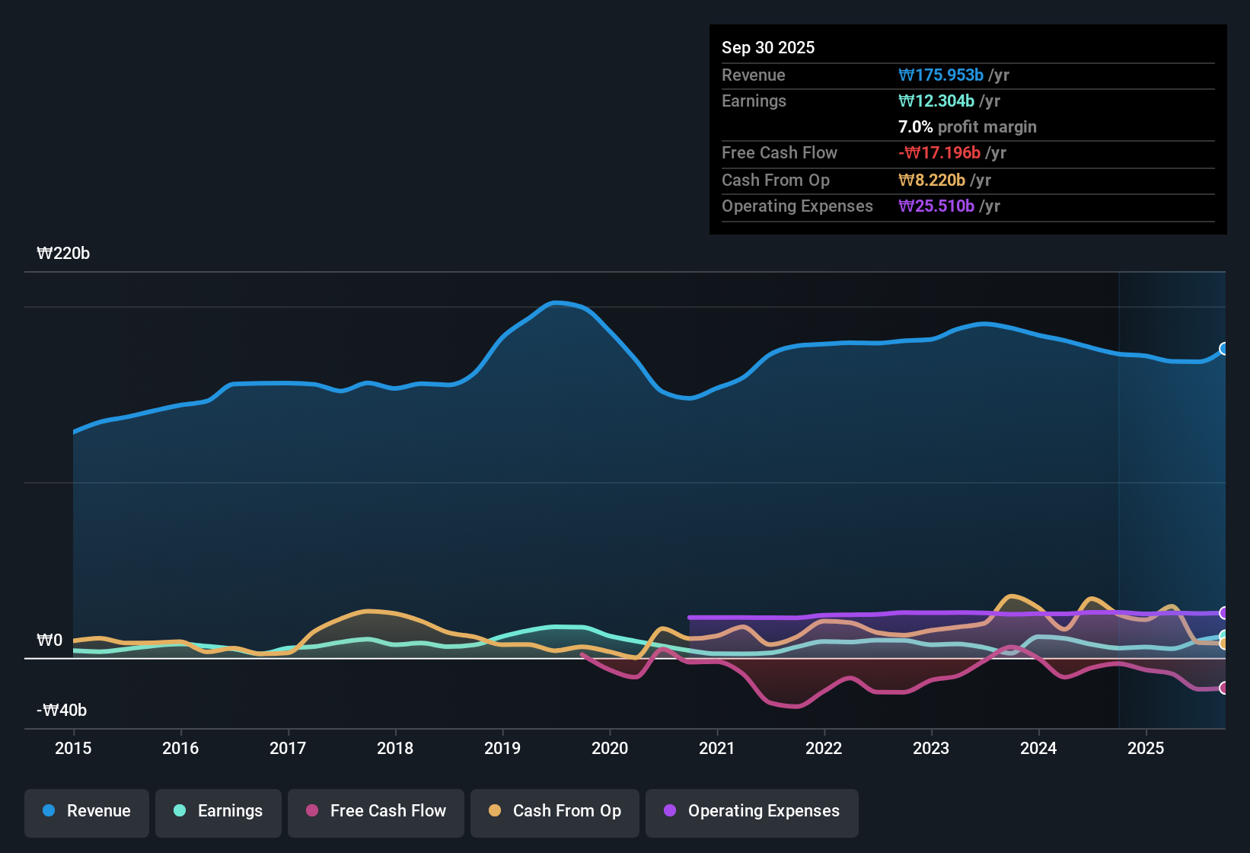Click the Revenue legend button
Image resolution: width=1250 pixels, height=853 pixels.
point(87,812)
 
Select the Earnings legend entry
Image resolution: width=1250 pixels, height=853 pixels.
point(218,812)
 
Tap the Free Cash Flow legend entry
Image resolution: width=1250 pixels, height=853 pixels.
point(376,812)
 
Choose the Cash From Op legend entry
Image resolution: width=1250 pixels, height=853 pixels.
point(555,812)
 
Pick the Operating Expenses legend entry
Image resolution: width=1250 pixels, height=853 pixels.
point(752,812)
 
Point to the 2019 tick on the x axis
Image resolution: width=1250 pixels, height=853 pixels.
point(502,748)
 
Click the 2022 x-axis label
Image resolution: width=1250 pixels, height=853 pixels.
point(824,748)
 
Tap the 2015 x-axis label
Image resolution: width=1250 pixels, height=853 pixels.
point(73,748)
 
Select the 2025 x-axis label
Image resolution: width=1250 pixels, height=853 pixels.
point(1146,748)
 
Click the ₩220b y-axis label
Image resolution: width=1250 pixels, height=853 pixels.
point(63,254)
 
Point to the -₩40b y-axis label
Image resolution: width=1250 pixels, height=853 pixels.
point(62,711)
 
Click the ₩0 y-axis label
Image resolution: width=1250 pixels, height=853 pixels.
point(49,641)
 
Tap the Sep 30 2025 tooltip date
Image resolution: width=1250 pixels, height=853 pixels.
point(768,48)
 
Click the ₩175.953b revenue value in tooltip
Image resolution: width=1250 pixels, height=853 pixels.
point(941,75)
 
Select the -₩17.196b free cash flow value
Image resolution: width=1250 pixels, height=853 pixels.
point(939,153)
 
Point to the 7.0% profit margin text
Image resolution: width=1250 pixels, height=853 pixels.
point(967,127)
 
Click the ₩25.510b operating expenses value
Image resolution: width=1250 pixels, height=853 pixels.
point(936,206)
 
